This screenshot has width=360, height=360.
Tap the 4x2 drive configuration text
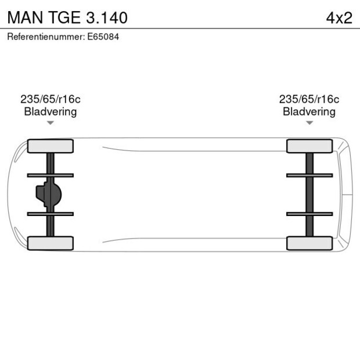coord(339,17)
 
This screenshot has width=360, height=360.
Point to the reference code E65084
coord(106,37)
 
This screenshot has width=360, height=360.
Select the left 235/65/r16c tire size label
coord(50,99)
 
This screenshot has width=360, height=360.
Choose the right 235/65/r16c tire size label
coord(309,99)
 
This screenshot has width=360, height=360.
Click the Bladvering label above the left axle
coord(50,111)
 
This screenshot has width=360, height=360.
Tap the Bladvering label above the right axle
coord(309,111)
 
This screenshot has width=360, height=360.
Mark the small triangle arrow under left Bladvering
coord(51,123)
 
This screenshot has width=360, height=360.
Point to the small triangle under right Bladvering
coord(309,123)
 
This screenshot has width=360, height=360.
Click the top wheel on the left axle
coord(51,146)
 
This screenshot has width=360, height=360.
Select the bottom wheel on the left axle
coord(51,243)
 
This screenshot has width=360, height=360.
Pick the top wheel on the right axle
coord(309,146)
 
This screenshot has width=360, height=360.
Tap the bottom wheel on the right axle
coord(309,243)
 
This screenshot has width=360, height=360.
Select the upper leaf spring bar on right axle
coord(309,175)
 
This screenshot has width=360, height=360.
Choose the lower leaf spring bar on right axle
coord(309,214)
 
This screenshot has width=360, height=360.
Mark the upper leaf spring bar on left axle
coord(51,175)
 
